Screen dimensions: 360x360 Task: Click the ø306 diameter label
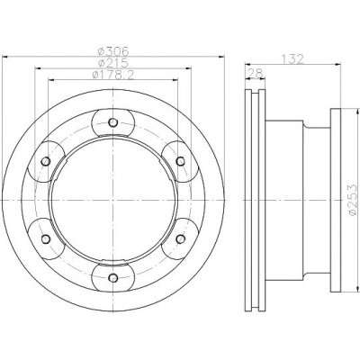(x=113, y=51)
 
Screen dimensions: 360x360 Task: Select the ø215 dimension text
(x=113, y=63)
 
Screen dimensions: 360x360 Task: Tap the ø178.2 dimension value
(x=112, y=75)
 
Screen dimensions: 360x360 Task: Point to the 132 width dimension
(x=292, y=58)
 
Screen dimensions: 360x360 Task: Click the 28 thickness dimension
(x=255, y=73)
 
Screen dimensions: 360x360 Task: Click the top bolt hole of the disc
(x=113, y=122)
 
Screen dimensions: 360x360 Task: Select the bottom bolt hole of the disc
(x=113, y=278)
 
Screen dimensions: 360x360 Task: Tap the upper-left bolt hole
(x=46, y=161)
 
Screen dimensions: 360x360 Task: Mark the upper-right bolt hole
(x=180, y=161)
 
